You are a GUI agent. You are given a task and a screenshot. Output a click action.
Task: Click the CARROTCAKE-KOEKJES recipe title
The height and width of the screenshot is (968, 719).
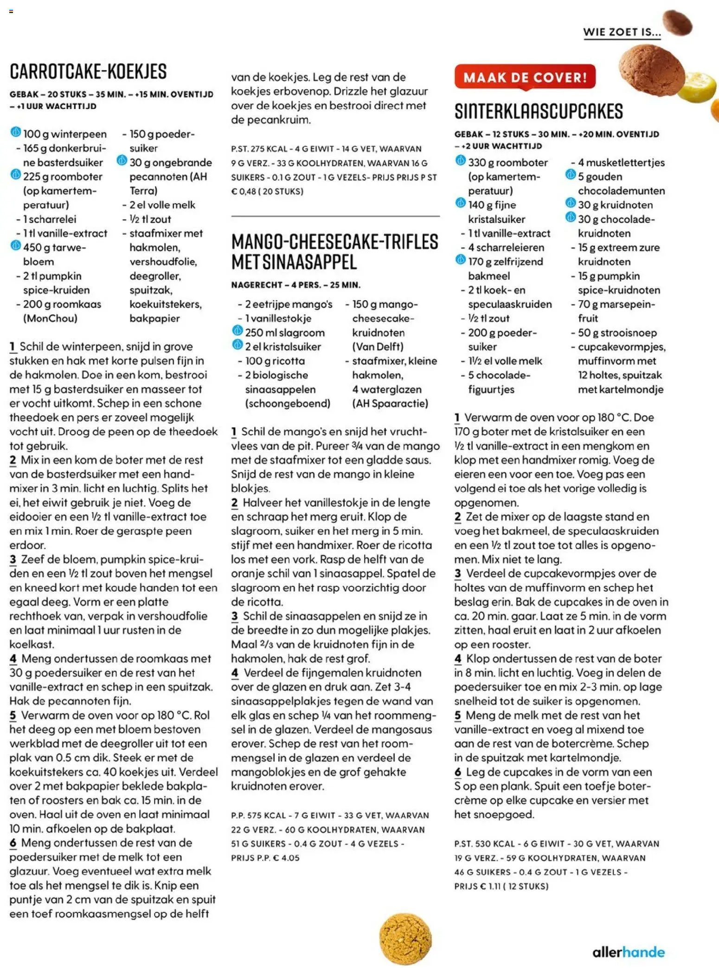coord(88,71)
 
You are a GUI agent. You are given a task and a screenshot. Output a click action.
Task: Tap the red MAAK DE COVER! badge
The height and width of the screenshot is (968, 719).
coord(525,77)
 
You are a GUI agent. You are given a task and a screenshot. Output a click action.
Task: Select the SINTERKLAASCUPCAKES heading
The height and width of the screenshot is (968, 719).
coord(539,111)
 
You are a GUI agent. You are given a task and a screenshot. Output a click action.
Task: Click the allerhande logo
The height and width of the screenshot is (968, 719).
coord(628,952)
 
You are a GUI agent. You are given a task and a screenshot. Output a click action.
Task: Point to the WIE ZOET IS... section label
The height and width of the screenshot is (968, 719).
coord(622,32)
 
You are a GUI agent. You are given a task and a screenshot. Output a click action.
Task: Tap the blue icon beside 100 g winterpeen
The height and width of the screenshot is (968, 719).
coord(15,133)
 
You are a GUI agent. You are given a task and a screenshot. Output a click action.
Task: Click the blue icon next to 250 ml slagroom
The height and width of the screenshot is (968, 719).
coord(238,331)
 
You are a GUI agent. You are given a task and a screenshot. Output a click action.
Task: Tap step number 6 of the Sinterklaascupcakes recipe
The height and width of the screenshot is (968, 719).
coord(458,772)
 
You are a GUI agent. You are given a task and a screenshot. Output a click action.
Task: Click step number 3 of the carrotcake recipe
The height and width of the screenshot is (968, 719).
coord(13,559)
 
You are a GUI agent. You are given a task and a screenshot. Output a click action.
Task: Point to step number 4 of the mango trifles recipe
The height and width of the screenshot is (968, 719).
coord(235,673)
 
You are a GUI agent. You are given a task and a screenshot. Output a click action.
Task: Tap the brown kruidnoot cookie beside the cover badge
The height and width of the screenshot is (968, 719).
coord(651,70)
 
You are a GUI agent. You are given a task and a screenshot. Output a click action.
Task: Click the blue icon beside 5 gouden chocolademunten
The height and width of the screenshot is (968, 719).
coord(570,175)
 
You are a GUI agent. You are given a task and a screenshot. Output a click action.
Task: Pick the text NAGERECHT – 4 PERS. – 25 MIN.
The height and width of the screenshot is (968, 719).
coord(295,285)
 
